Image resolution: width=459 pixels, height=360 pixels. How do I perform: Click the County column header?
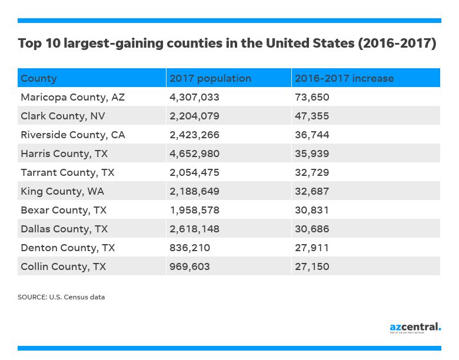[x=39, y=78]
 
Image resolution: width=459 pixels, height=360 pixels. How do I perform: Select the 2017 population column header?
[x=210, y=78]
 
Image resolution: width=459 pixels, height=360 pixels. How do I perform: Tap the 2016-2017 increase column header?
[x=344, y=78]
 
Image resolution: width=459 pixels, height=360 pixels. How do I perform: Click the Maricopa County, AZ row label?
[x=72, y=97]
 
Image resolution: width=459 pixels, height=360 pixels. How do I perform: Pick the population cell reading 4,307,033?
[x=194, y=97]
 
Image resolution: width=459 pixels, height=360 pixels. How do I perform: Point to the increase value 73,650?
[x=312, y=97]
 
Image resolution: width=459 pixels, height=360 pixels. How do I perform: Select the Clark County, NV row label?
[x=63, y=116]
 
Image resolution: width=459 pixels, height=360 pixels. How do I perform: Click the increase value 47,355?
[x=312, y=116]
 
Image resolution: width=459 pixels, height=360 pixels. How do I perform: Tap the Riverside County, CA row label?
[x=72, y=135]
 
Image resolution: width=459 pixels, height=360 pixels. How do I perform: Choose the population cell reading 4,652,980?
[x=194, y=154]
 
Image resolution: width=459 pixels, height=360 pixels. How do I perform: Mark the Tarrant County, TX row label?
[x=67, y=172]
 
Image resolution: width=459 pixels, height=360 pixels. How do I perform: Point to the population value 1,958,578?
[x=194, y=210]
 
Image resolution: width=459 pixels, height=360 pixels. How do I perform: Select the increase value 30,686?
[x=312, y=229]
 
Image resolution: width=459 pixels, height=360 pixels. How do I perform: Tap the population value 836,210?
[x=189, y=248]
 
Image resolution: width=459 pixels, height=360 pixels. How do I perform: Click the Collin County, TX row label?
[x=63, y=266]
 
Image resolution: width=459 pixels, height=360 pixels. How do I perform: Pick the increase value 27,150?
[x=312, y=266]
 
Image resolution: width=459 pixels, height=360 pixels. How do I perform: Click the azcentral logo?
[x=415, y=327]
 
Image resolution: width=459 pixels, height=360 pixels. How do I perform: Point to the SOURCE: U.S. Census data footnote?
[x=61, y=297]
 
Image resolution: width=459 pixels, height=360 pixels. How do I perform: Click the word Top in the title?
[x=29, y=44]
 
